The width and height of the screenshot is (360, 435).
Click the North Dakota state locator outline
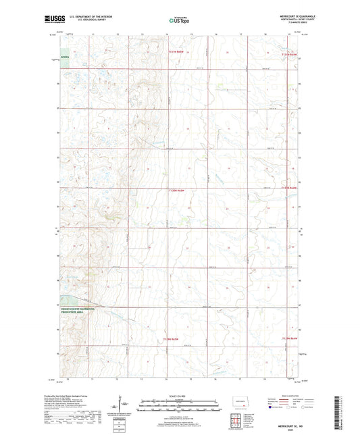coord(238,406)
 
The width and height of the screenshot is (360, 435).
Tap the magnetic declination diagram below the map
coord(123,407)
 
